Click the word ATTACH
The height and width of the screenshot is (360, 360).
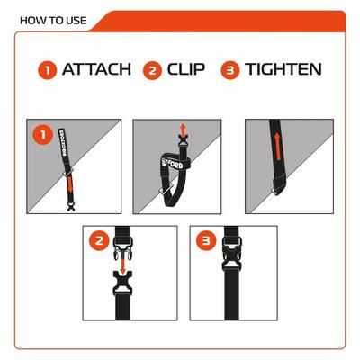coord(96,69)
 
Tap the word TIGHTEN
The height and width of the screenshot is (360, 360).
coord(283,69)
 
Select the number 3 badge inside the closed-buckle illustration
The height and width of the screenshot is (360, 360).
coord(205,240)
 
